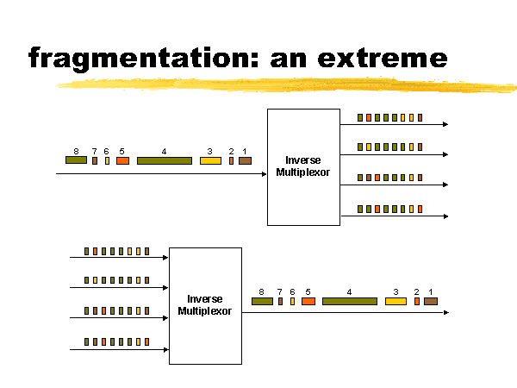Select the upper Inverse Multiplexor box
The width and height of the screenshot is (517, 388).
[303, 166]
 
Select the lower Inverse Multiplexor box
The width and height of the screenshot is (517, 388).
[205, 305]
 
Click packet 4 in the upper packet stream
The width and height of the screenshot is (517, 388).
[165, 160]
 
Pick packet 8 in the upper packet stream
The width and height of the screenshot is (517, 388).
[76, 160]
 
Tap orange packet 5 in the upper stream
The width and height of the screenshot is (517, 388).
[122, 160]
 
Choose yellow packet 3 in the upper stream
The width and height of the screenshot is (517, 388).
[210, 160]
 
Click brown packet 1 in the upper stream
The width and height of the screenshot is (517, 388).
[245, 160]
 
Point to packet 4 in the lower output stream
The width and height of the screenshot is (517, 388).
[350, 301]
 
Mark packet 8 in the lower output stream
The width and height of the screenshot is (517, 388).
[262, 301]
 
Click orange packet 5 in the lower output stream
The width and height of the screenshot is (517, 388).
[308, 301]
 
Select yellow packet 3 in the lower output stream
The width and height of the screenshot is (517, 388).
[396, 301]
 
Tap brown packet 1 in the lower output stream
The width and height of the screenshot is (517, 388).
[431, 301]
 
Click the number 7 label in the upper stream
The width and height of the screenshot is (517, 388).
[94, 151]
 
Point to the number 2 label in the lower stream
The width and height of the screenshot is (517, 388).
[416, 291]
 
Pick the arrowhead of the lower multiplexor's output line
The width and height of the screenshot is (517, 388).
[445, 312]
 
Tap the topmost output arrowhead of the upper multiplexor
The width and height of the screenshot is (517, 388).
[445, 125]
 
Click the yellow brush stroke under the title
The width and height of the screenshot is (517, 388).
[284, 85]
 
